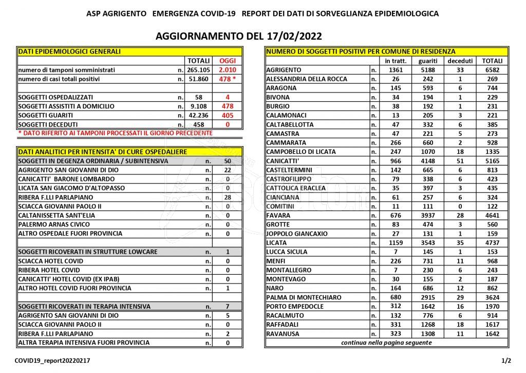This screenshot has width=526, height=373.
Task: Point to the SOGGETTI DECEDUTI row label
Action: pyautogui.click(x=47, y=125)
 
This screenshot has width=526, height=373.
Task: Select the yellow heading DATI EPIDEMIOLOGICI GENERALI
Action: pyautogui.click(x=69, y=51)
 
